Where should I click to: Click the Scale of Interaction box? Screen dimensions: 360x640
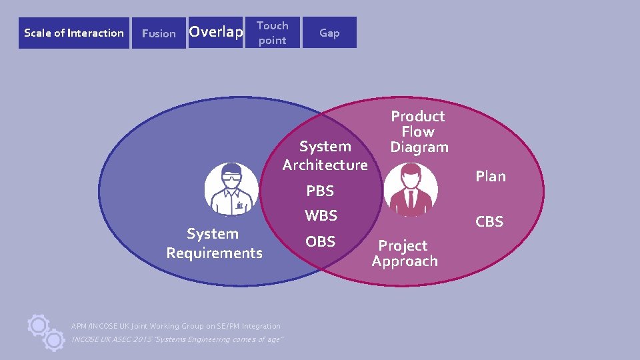(x=73, y=33)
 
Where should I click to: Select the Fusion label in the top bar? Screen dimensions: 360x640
(x=159, y=33)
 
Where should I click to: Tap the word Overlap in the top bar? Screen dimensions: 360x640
(x=215, y=32)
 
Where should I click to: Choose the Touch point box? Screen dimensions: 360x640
(x=273, y=33)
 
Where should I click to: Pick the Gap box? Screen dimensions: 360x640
(x=329, y=33)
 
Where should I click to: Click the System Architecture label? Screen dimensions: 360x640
(x=325, y=155)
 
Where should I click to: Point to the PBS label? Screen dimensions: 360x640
(x=320, y=191)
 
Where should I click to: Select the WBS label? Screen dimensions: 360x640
(x=321, y=216)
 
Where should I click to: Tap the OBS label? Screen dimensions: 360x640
(x=321, y=241)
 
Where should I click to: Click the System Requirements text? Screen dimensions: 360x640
(x=214, y=243)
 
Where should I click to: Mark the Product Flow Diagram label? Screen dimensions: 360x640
(x=419, y=131)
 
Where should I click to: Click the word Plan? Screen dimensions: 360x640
(x=491, y=177)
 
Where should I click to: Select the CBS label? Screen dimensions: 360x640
(x=489, y=222)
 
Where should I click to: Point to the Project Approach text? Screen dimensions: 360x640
(x=405, y=253)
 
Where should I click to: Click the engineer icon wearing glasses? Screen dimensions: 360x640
(x=231, y=188)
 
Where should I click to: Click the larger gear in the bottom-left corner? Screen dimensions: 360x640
(x=39, y=325)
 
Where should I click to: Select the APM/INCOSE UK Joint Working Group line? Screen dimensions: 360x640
(x=176, y=326)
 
